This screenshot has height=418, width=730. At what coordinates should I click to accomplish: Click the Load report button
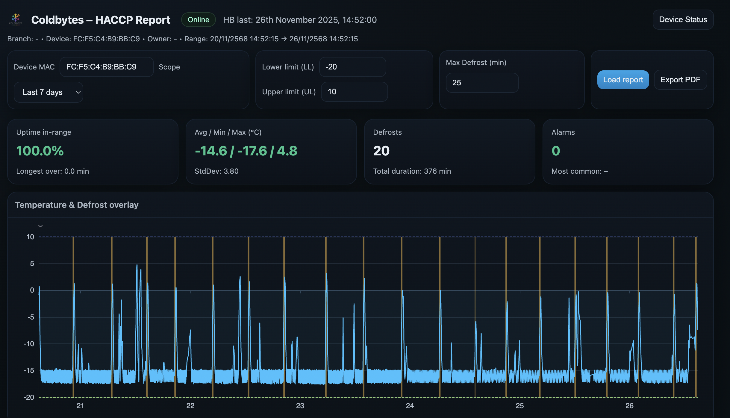(x=623, y=80)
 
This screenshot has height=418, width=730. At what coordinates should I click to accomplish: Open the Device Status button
(x=683, y=20)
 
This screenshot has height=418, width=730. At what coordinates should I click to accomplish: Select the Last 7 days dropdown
(x=49, y=92)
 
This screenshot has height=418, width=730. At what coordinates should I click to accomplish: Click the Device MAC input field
(x=107, y=67)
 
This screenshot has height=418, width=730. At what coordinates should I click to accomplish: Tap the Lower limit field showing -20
(x=352, y=67)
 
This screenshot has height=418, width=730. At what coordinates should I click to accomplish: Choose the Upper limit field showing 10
(x=354, y=92)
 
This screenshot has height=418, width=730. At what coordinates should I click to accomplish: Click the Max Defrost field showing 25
(x=482, y=83)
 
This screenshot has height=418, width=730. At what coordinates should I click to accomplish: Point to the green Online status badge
(x=198, y=20)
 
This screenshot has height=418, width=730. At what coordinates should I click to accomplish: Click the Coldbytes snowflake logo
(x=16, y=19)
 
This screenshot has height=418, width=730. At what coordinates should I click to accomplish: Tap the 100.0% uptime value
(x=40, y=151)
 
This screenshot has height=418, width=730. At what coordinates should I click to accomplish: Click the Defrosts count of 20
(x=381, y=151)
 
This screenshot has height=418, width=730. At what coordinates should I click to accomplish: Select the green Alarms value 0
(x=556, y=151)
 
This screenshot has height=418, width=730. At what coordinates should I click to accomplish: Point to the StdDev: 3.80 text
(x=216, y=171)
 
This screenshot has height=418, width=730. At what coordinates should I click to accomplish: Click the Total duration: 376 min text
(x=412, y=171)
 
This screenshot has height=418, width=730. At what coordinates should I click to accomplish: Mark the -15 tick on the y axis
(x=29, y=370)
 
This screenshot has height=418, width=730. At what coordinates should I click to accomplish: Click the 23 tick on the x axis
(x=300, y=406)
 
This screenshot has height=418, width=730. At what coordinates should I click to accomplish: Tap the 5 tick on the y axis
(x=32, y=263)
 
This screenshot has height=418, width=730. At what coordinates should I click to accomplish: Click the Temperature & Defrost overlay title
(x=77, y=205)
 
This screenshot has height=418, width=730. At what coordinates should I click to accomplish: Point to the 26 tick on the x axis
(x=629, y=406)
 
